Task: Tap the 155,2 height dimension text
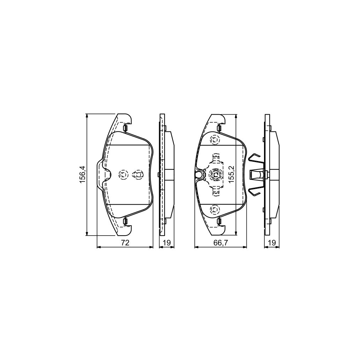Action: (231, 175)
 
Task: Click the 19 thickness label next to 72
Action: (167, 242)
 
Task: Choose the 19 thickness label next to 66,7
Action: (271, 242)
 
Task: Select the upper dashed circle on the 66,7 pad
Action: (214, 140)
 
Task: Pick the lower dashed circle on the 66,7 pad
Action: (214, 210)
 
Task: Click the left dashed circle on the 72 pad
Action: (123, 174)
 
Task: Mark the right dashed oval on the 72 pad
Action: (138, 174)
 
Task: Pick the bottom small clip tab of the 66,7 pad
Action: (219, 221)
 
